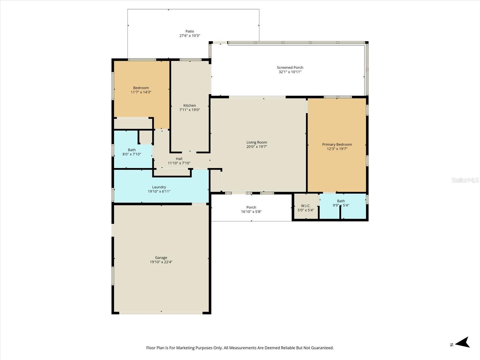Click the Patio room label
point(190,31)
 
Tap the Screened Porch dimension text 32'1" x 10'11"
point(290,72)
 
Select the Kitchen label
point(190,105)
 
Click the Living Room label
point(256,142)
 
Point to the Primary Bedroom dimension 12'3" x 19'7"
point(337,149)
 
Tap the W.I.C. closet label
point(306,205)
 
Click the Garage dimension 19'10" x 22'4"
point(161,262)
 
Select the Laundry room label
point(159,187)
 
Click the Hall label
point(179,159)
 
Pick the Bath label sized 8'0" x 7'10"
point(132,150)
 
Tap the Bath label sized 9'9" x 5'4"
point(341,201)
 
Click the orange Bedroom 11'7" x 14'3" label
point(141,88)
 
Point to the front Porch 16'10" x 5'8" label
point(251,207)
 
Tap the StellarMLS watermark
point(465,180)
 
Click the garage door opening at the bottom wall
point(161,313)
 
